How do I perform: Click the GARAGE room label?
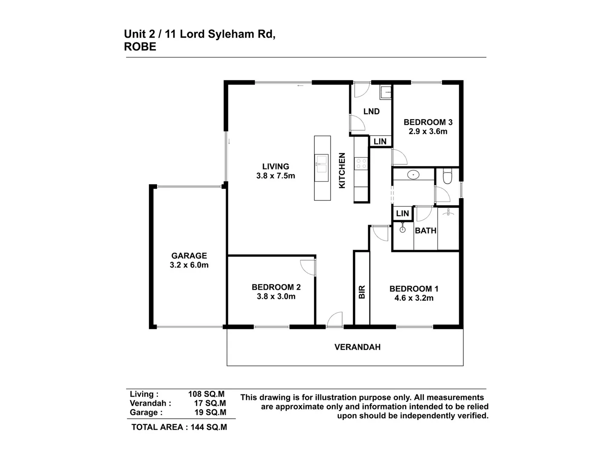[189, 256]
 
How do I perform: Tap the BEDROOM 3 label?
[428, 122]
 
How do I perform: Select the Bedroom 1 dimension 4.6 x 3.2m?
[414, 298]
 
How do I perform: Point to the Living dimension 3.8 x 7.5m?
[275, 175]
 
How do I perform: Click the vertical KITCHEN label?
[342, 170]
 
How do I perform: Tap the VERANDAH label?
[357, 347]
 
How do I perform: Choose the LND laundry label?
[371, 112]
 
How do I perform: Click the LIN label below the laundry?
[380, 141]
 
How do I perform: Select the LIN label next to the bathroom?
[402, 213]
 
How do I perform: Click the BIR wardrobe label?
[362, 292]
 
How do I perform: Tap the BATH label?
[426, 231]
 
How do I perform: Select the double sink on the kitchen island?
[322, 164]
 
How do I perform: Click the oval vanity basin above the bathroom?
[413, 175]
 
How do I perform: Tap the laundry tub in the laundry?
[386, 92]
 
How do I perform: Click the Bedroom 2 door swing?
[308, 267]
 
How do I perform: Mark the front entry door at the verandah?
[335, 319]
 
